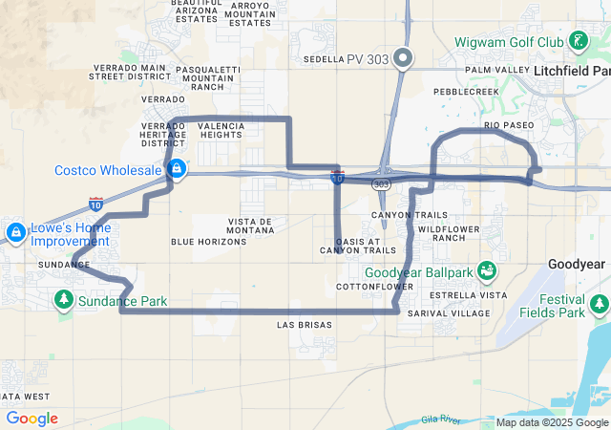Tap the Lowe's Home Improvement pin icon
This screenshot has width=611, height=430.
pos(15,232)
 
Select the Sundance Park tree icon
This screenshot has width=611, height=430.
pos(64,300)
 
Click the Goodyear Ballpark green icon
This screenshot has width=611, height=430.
pos(488,271)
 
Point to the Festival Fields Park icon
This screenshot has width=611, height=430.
pos(599,304)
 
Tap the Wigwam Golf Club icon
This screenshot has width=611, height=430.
pos(578,41)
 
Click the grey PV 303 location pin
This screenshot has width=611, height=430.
pos(403,58)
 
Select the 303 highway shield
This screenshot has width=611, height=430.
pos(382,183)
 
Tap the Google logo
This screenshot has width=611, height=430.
pos(32,419)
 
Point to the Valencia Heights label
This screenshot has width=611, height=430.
pos(221,130)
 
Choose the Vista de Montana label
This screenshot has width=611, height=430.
pos(250,226)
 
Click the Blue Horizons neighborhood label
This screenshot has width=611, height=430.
pos(208,242)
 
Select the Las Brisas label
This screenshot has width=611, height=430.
pos(304,325)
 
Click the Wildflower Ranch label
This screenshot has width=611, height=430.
pos(441,232)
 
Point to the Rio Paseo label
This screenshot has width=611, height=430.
pos(510,124)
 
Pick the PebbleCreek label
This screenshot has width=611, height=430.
pos(466,92)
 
